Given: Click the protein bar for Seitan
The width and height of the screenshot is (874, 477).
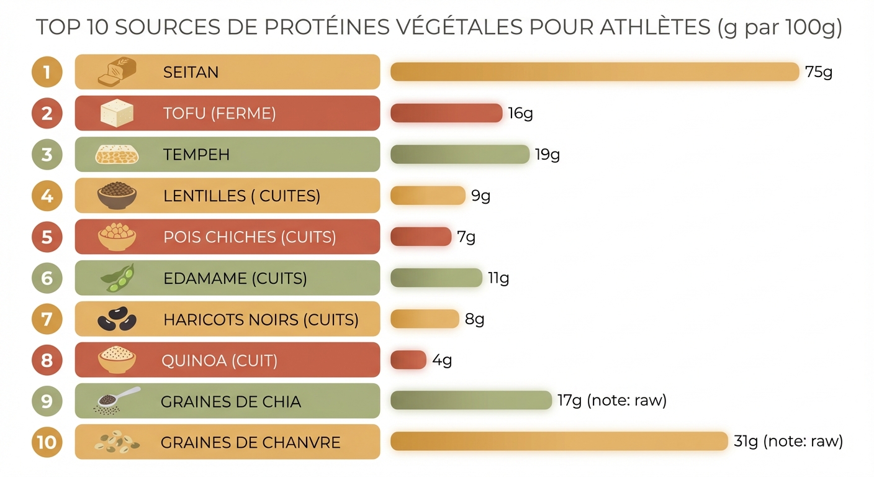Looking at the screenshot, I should click(x=594, y=72).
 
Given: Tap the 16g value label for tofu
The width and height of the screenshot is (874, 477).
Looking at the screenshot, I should click(x=520, y=113).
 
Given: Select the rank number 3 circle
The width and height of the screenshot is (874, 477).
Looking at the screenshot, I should click(x=47, y=154).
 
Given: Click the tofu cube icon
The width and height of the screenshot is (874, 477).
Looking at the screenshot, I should click(x=117, y=113).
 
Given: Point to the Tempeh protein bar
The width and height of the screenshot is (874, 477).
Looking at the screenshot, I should click(x=459, y=154).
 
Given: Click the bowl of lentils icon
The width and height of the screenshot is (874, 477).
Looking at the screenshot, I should click(x=117, y=195).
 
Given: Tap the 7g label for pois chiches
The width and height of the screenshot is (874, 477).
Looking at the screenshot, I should click(x=466, y=237).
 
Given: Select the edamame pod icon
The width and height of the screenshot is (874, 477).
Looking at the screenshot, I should click(x=117, y=278).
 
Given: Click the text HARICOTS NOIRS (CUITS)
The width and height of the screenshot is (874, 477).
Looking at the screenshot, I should click(x=261, y=319).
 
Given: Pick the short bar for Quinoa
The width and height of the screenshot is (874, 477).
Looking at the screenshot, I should click(x=408, y=360).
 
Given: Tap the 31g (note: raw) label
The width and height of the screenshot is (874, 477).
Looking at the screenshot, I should click(x=788, y=442).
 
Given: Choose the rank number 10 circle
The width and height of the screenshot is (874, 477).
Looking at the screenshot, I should click(x=47, y=442).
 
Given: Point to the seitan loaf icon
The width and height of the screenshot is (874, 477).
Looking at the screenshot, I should click(x=117, y=71).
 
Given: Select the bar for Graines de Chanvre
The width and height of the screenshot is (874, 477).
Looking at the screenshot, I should click(x=559, y=442).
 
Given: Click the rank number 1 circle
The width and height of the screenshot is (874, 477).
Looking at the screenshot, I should click(x=47, y=72).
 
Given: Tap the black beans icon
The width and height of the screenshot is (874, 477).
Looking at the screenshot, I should click(x=117, y=320).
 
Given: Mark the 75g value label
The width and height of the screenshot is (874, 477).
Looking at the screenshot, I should click(x=818, y=72).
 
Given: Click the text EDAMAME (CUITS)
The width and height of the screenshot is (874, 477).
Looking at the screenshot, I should click(x=235, y=278).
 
